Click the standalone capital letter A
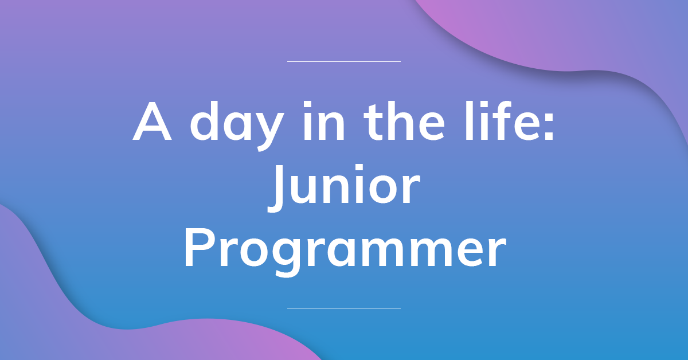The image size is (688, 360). pyautogui.click(x=153, y=123)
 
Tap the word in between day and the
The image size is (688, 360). pyautogui.click(x=322, y=123)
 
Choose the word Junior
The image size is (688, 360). pyautogui.click(x=344, y=188)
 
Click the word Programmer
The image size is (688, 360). pyautogui.click(x=344, y=251)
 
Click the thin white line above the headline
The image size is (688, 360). pyautogui.click(x=343, y=61)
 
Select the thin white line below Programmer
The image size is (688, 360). pyautogui.click(x=343, y=308)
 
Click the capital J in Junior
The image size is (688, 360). pyautogui.click(x=278, y=188)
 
